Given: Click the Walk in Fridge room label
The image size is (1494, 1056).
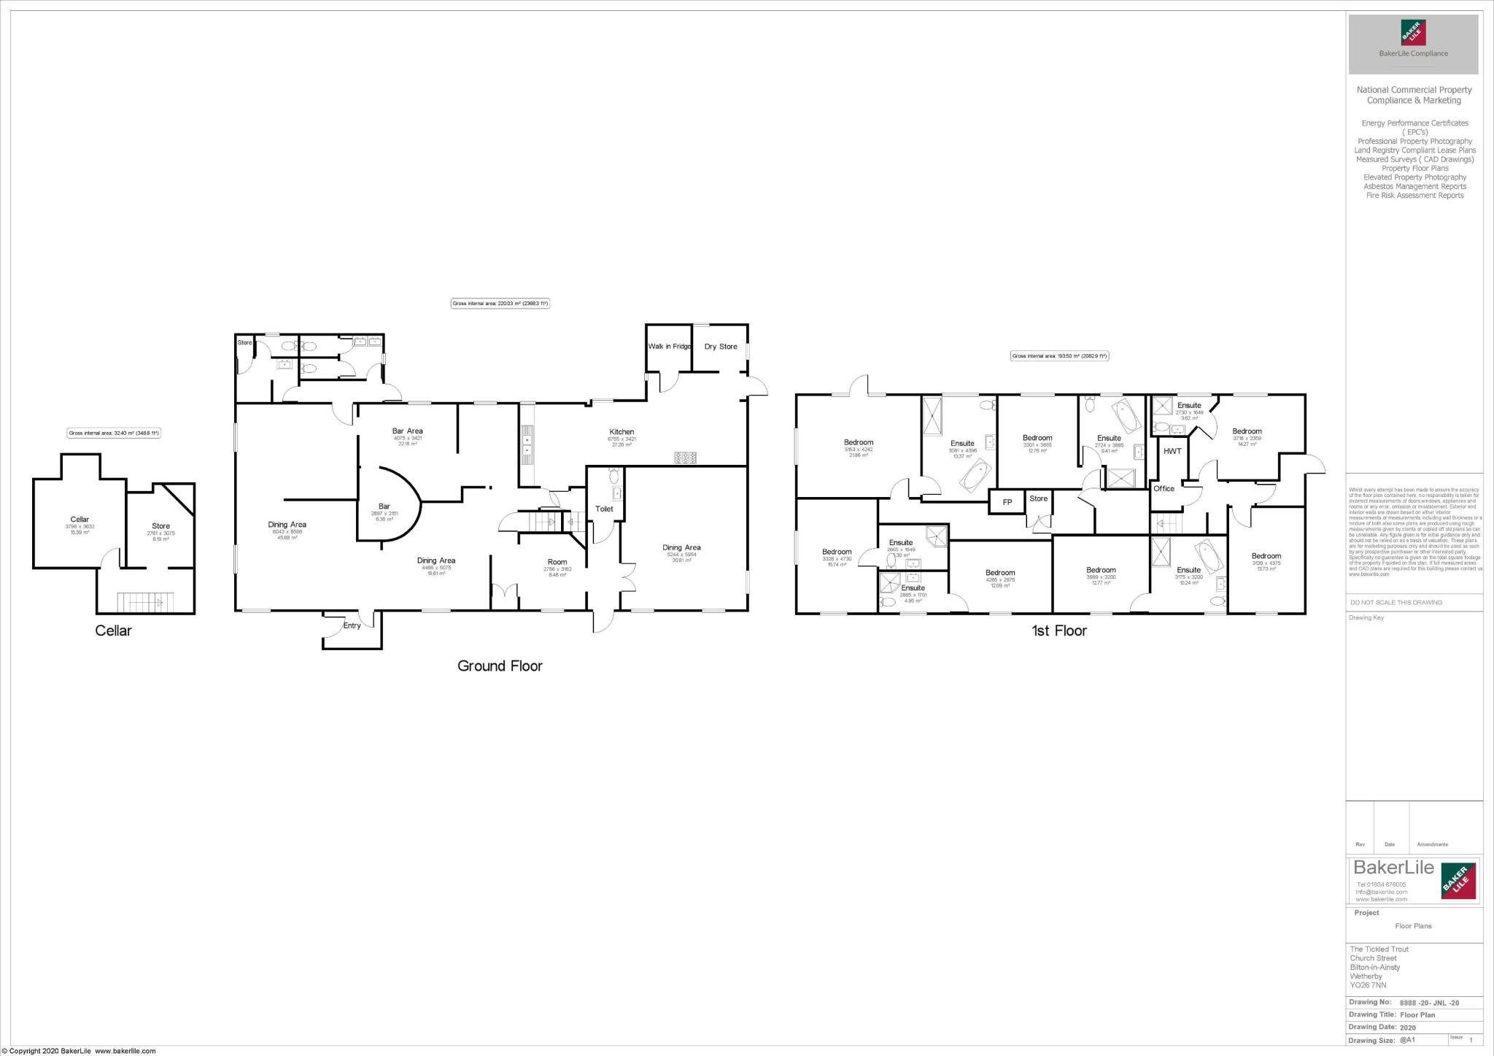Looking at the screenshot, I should [x=669, y=346].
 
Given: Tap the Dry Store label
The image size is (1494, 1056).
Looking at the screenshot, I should [x=720, y=347].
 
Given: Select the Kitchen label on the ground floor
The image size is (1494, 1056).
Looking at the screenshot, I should [x=622, y=432].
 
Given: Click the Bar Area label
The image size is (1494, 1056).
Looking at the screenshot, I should [x=408, y=431].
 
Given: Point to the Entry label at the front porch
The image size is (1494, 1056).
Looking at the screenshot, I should [x=352, y=625].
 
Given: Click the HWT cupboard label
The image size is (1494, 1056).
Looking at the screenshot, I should [x=1172, y=451].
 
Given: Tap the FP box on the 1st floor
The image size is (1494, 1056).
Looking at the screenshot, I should [x=1007, y=502].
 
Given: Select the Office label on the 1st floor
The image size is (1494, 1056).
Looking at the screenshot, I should [x=1164, y=488].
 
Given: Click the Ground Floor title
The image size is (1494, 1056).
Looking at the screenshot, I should [x=500, y=666].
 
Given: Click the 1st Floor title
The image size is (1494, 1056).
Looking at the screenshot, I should [x=1058, y=631].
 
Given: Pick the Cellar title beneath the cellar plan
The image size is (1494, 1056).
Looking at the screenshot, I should [x=113, y=631].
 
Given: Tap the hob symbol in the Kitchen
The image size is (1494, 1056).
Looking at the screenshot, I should [x=685, y=458].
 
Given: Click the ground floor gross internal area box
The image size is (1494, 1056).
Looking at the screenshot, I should [x=500, y=304].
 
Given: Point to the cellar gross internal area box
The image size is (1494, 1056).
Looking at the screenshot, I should [x=114, y=433].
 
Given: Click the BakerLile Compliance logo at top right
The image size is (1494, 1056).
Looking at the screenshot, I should [x=1413, y=45].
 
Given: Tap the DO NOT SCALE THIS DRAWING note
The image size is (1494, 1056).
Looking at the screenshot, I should [x=1396, y=602].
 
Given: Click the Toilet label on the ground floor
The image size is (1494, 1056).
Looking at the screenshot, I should [x=604, y=509].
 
